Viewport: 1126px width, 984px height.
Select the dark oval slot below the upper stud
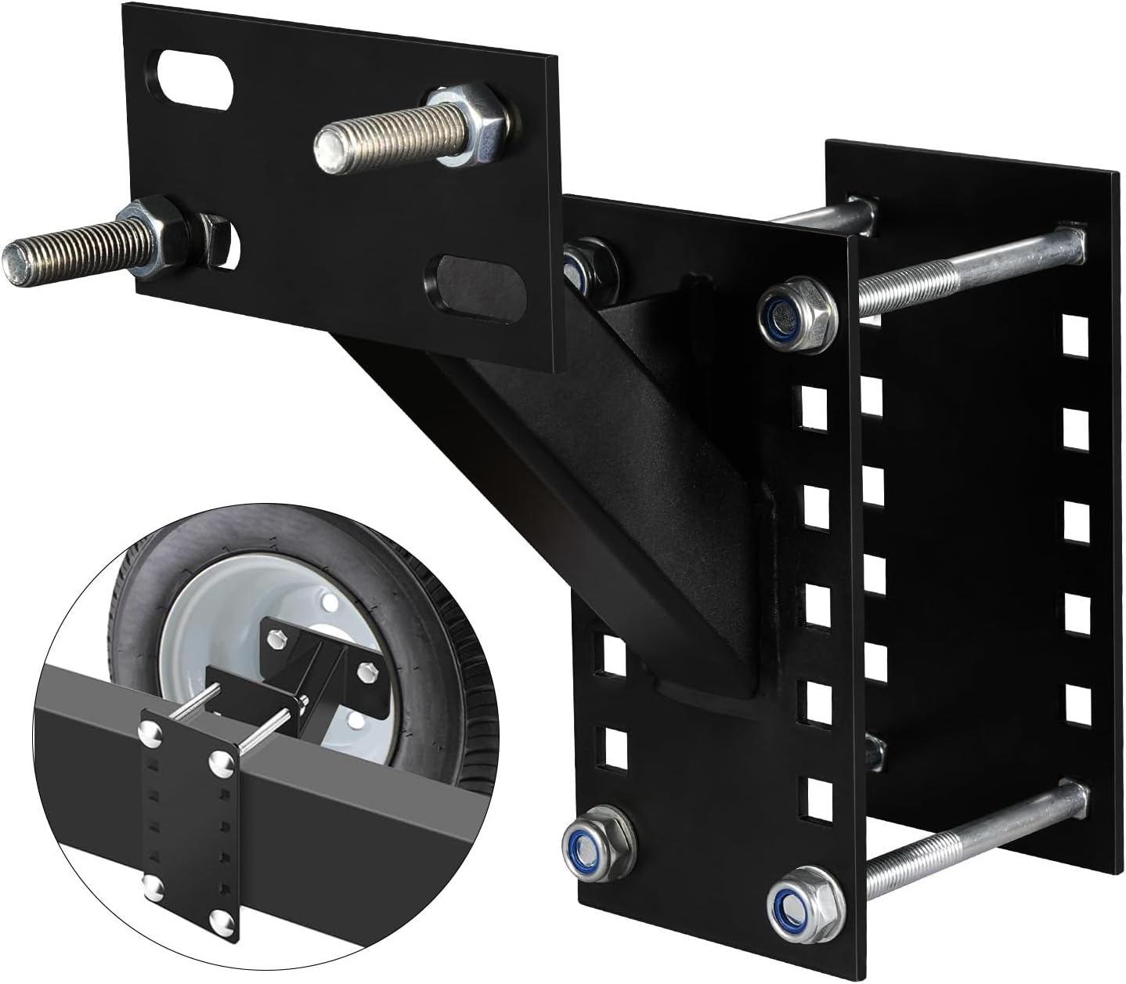470,286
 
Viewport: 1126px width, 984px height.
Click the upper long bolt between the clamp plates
971,270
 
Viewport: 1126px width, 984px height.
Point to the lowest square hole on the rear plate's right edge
1077,705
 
